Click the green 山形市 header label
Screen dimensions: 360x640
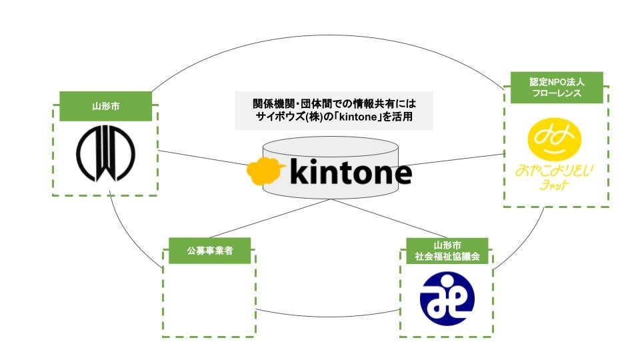105,106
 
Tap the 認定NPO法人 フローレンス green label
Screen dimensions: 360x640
557,87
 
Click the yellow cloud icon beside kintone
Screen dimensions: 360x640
266,171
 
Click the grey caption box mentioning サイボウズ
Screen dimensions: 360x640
334,111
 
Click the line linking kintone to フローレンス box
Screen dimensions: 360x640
460,159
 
